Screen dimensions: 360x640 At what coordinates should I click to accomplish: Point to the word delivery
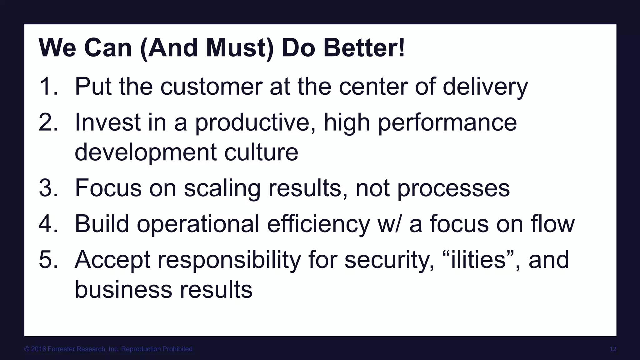[485, 87]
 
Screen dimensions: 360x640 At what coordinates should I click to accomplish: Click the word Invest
[107, 122]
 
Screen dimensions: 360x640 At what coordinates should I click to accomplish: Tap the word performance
[447, 123]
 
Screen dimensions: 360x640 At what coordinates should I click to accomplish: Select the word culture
[261, 152]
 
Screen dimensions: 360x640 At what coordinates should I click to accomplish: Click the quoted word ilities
[478, 260]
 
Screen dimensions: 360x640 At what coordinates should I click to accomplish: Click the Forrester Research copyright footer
[108, 349]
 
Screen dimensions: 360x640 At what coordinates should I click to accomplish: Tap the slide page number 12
[613, 349]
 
